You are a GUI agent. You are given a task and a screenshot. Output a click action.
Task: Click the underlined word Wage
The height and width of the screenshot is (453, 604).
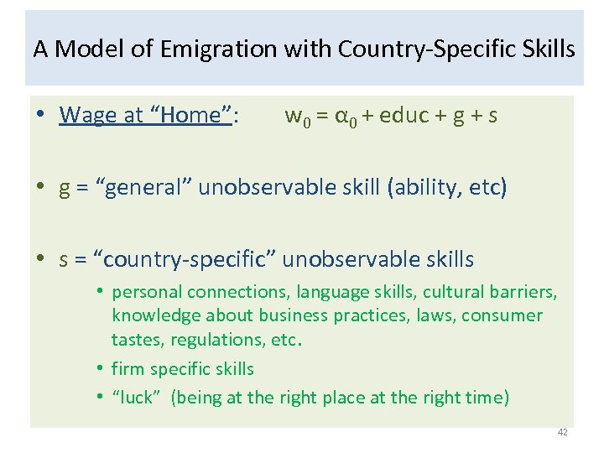(88, 115)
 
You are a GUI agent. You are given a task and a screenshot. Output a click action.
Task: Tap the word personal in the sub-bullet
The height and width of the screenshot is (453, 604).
(147, 292)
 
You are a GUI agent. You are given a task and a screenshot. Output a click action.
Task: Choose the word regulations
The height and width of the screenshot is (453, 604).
(216, 340)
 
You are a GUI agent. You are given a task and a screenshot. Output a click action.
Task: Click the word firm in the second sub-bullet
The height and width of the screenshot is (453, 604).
(126, 369)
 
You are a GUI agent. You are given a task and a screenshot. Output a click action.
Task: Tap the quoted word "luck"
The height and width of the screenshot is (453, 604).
(136, 398)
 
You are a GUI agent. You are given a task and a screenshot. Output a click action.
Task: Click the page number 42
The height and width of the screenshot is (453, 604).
(562, 433)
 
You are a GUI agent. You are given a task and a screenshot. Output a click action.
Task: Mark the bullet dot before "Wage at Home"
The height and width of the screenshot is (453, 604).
(41, 116)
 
